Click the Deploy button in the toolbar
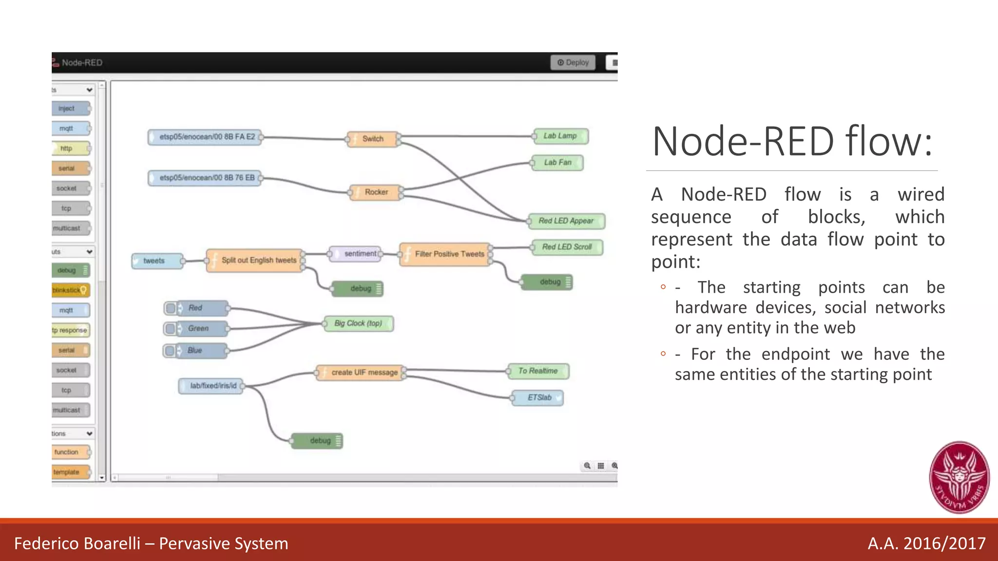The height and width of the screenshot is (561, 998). point(573,62)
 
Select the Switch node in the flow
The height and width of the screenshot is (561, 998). point(373,139)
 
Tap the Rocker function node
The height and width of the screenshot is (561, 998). point(376,192)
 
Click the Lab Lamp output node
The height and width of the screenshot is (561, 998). point(560,136)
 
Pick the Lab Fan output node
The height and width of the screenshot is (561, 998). point(557,162)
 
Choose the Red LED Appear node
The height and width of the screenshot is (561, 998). point(566,221)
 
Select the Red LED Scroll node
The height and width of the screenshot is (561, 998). point(567,247)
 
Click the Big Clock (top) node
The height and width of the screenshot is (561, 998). point(359,323)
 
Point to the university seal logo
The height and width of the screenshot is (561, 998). point(959,477)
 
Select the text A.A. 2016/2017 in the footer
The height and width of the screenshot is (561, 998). point(926,543)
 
